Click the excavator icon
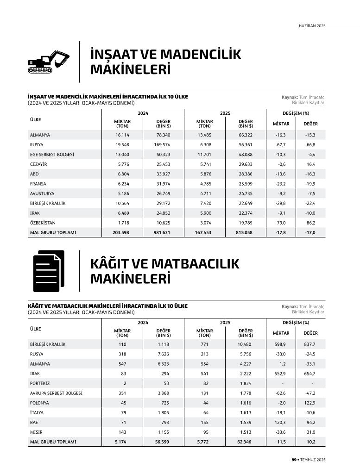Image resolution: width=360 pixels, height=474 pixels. coord(48,62)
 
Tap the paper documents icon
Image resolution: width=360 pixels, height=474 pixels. coord(48,271)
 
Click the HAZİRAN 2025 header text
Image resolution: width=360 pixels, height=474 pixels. coord(312,26)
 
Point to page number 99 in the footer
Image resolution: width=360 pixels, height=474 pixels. coord(294,460)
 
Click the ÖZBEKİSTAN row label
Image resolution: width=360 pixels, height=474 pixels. coord(43,223)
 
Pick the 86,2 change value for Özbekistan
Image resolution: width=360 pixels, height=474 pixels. coord(310,223)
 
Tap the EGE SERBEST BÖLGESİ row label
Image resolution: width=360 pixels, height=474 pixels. coord(52,155)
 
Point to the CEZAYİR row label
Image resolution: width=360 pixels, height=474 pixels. coord(39,164)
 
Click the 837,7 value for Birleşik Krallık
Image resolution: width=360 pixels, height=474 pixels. coord(310,344)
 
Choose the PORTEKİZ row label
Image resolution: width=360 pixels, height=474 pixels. coord(40,383)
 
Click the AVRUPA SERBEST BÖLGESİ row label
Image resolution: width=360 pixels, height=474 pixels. coord(56,393)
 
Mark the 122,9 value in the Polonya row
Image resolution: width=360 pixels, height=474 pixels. coord(310,403)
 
